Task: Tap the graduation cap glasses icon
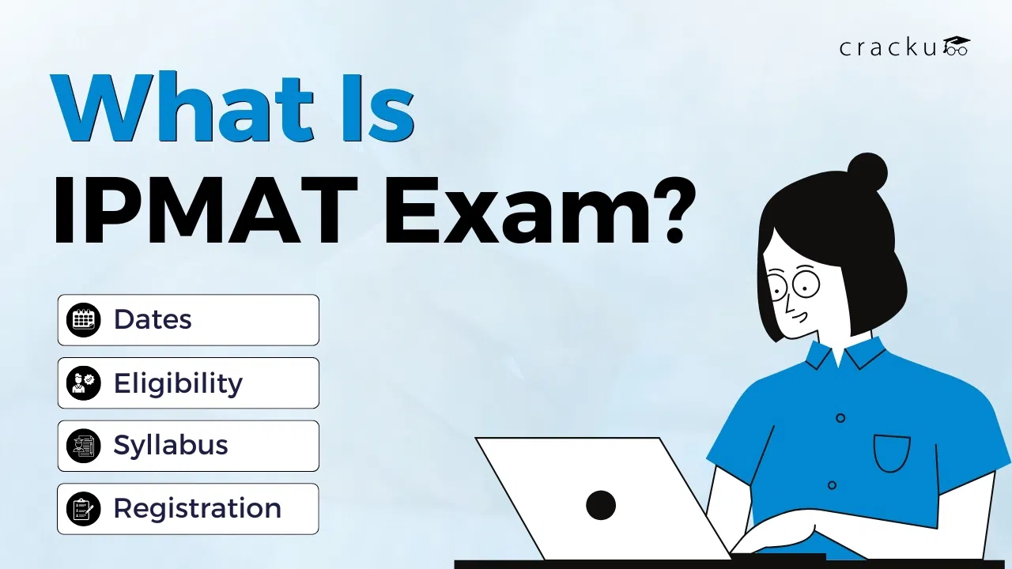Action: pos(956,46)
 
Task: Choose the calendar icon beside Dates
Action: pos(83,320)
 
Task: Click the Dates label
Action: pos(153,319)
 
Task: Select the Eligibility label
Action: pos(178,383)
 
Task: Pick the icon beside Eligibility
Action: pos(83,383)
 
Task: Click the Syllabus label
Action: pos(171,446)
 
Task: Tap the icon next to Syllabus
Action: pos(83,446)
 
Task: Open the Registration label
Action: pos(197,508)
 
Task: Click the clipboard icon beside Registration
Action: pos(83,509)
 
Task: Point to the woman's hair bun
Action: pos(867,172)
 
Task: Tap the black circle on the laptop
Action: pos(601,505)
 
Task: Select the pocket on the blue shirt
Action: pos(892,453)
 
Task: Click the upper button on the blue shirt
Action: pos(840,418)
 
